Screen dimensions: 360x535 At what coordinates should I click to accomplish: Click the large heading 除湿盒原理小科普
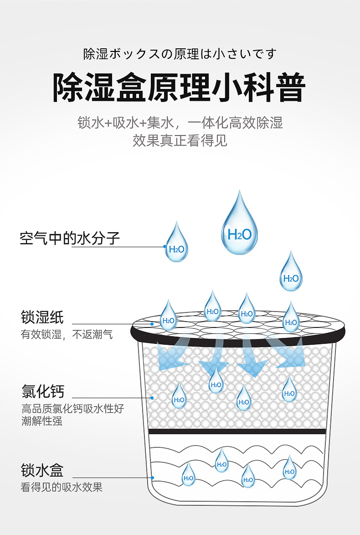point(179,87)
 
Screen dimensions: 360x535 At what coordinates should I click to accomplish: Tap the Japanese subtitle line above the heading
point(180,54)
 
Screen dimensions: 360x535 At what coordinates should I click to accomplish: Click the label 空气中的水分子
point(70,238)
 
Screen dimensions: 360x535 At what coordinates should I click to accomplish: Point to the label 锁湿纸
point(42,317)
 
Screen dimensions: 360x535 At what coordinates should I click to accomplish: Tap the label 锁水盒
point(42,470)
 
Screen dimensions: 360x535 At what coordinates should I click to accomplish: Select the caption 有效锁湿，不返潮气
point(67,335)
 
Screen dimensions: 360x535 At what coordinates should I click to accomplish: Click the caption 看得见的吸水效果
point(62,487)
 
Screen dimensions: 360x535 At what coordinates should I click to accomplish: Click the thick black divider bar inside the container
point(237,431)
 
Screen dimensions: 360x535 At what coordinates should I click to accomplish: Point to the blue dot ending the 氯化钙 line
point(153,398)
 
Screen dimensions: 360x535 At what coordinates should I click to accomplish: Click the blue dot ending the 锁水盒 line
point(153,478)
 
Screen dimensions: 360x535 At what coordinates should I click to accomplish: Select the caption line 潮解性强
point(42,421)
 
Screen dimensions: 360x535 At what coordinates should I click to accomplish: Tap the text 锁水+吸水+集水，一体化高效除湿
point(180,123)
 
